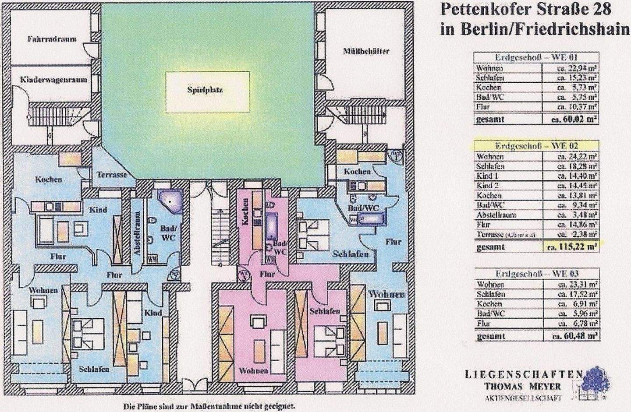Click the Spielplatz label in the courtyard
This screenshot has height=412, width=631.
pyautogui.click(x=208, y=90)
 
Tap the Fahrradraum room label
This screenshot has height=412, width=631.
pyautogui.click(x=52, y=39)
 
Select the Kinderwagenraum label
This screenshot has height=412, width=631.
pyautogui.click(x=53, y=80)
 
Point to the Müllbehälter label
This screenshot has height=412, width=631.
pyautogui.click(x=366, y=51)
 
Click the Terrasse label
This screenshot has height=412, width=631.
pyautogui.click(x=112, y=174)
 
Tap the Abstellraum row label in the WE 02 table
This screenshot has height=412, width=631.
pyautogui.click(x=496, y=215)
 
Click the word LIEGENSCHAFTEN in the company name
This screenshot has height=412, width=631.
pyautogui.click(x=524, y=374)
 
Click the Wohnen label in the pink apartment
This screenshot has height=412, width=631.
pyautogui.click(x=253, y=370)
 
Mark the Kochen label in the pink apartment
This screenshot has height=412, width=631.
pyautogui.click(x=246, y=211)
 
